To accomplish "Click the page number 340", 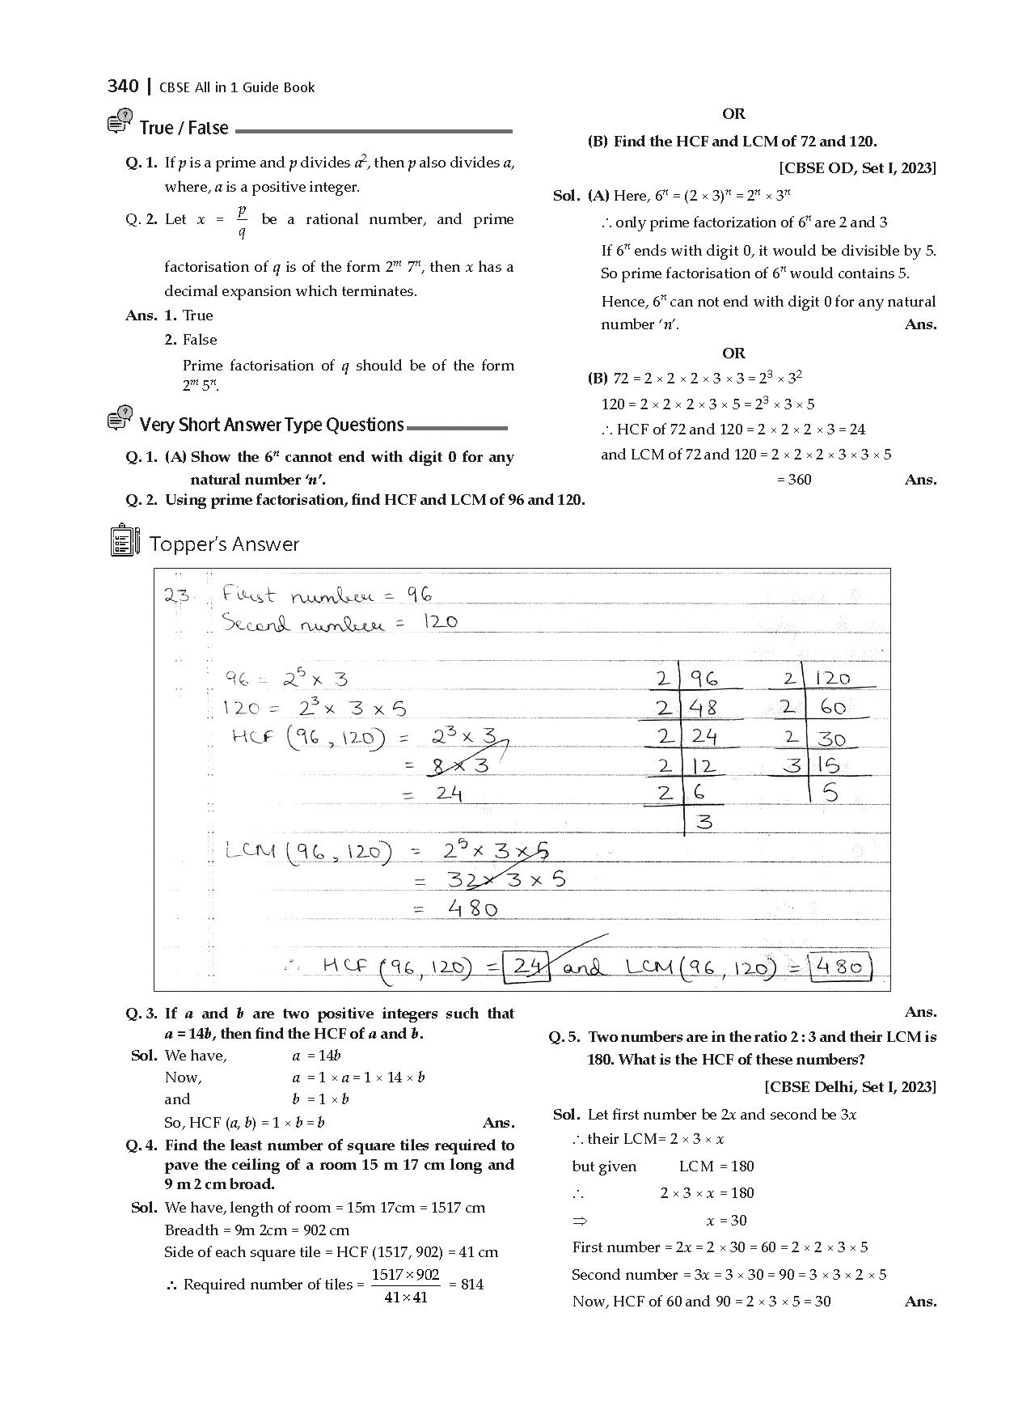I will (123, 86).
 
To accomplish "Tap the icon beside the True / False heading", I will (120, 125).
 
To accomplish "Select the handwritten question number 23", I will (177, 596).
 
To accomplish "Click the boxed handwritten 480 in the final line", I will (841, 967).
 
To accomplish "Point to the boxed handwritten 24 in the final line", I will (526, 966).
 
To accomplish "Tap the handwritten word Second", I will (255, 623).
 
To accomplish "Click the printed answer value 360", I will (794, 480).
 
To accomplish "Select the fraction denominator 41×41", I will (406, 1298).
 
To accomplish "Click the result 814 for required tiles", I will (472, 1285).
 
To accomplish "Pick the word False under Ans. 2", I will (200, 340).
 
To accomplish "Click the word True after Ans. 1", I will (198, 315).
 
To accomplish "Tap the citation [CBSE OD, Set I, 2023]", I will (857, 168).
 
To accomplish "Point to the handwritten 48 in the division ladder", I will (703, 708).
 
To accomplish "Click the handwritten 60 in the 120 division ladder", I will (833, 708).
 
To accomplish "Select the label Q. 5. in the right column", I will (565, 1037).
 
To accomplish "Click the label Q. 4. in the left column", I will (142, 1145).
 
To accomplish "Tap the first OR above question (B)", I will (733, 114).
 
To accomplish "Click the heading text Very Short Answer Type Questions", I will (272, 425).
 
